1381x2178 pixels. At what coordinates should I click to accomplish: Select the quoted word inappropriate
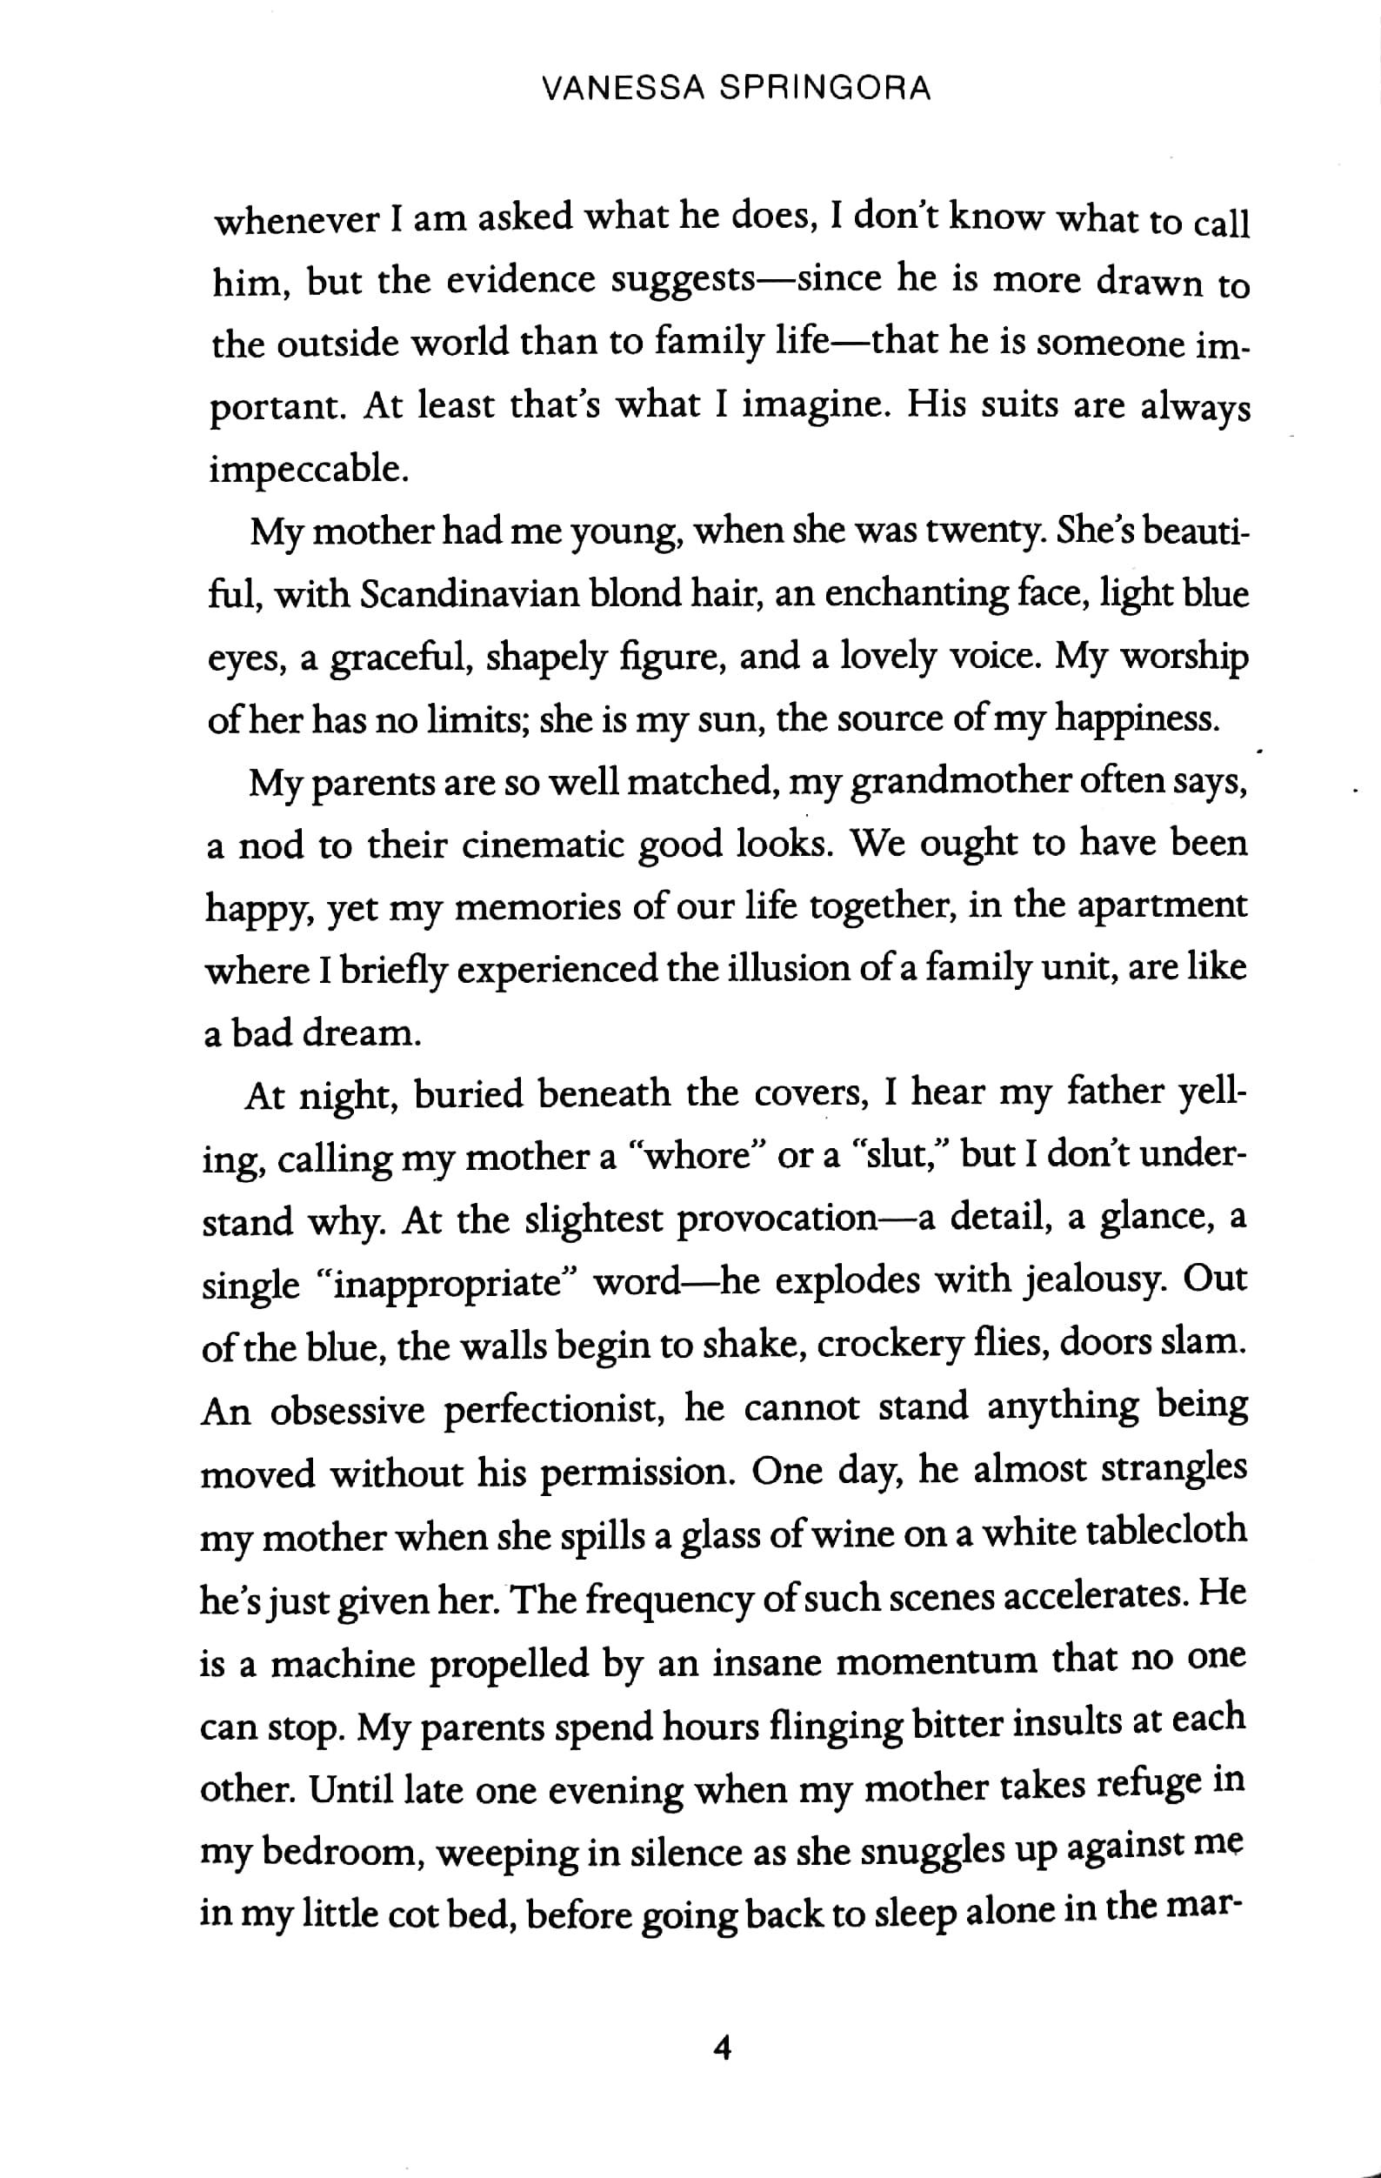point(450,1285)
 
